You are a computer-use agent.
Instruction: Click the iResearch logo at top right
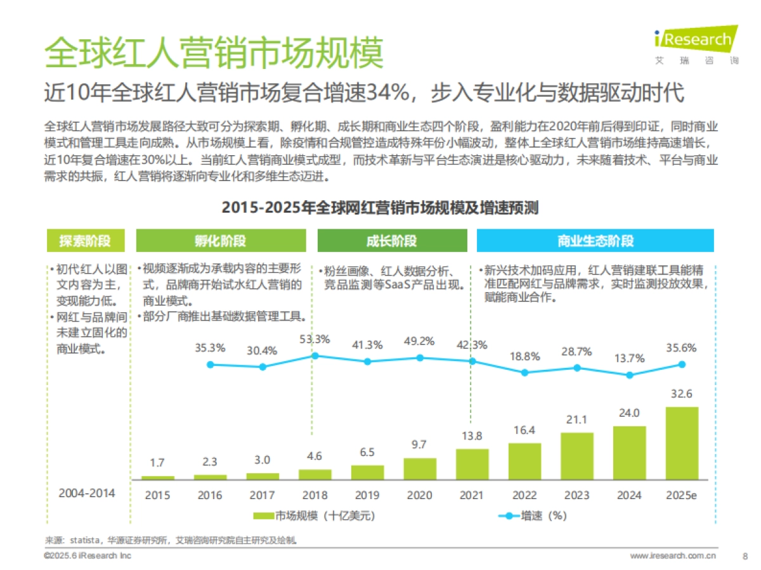[696, 44]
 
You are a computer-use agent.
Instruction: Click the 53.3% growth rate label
[315, 339]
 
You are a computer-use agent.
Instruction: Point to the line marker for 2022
[524, 372]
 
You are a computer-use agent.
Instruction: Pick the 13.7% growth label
[629, 358]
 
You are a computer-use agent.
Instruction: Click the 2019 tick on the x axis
[367, 495]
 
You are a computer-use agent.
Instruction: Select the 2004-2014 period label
[88, 492]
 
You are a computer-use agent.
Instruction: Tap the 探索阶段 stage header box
[86, 241]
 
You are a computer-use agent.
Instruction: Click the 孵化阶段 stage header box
[221, 241]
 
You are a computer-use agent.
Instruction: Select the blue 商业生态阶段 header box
[595, 241]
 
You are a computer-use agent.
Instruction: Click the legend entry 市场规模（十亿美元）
[314, 516]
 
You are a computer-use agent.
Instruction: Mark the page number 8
[745, 555]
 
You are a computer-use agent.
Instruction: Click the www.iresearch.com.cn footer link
[673, 555]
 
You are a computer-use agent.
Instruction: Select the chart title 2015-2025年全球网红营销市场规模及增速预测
[380, 208]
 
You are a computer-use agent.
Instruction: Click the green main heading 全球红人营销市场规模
[214, 52]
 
